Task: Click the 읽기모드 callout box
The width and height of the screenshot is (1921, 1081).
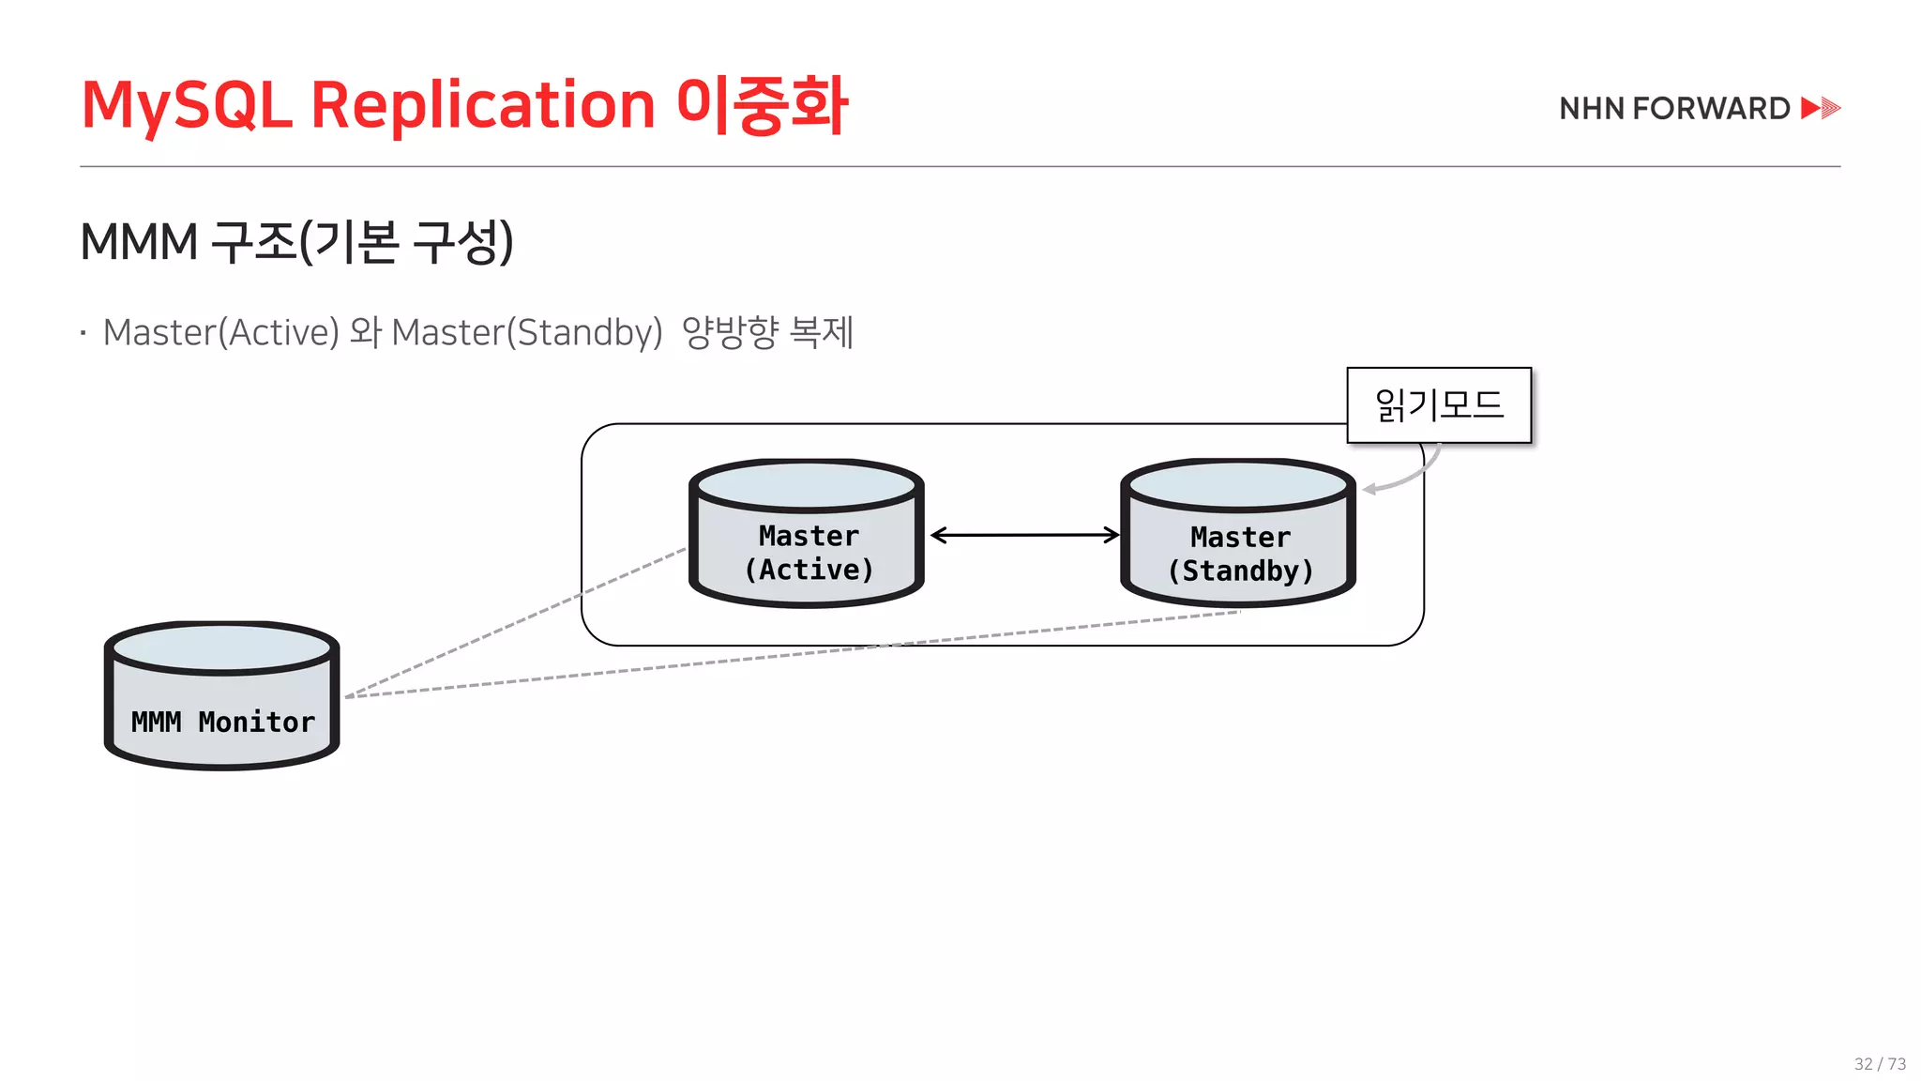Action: pyautogui.click(x=1439, y=405)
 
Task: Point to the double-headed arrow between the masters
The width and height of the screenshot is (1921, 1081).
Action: pyautogui.click(x=1024, y=535)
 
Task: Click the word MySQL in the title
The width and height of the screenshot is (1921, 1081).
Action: pyautogui.click(x=187, y=105)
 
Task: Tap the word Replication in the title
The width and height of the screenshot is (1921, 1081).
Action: pyautogui.click(x=482, y=105)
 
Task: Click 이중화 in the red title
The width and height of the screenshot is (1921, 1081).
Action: pyautogui.click(x=762, y=105)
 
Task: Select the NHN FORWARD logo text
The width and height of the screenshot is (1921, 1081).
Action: pyautogui.click(x=1674, y=109)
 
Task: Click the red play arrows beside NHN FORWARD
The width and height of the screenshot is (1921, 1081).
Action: pyautogui.click(x=1821, y=108)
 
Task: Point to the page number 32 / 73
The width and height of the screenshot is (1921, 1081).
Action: pyautogui.click(x=1880, y=1064)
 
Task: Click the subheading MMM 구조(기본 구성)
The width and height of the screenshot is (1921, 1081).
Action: pyautogui.click(x=296, y=242)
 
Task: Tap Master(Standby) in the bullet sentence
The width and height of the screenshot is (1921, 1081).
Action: pyautogui.click(x=527, y=333)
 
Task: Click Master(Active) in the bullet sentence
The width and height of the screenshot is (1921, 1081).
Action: pyautogui.click(x=221, y=333)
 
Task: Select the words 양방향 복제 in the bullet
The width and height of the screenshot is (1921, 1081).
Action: pyautogui.click(x=767, y=333)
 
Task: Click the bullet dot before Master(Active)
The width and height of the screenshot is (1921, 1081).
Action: pyautogui.click(x=83, y=333)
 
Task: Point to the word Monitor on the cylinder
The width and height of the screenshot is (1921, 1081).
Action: pyautogui.click(x=256, y=723)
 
